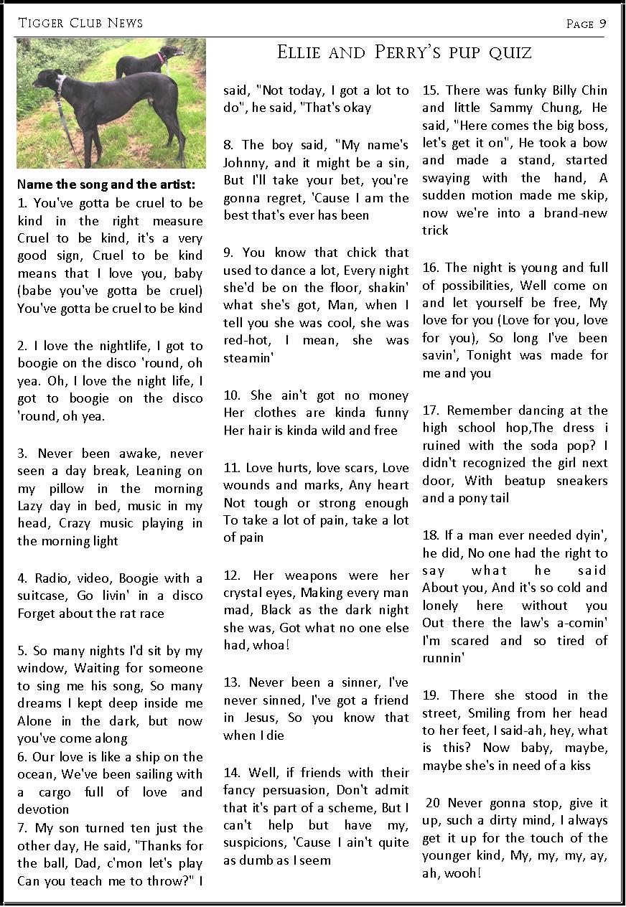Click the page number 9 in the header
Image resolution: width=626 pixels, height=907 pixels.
603,24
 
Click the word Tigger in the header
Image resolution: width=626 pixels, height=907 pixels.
41,23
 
